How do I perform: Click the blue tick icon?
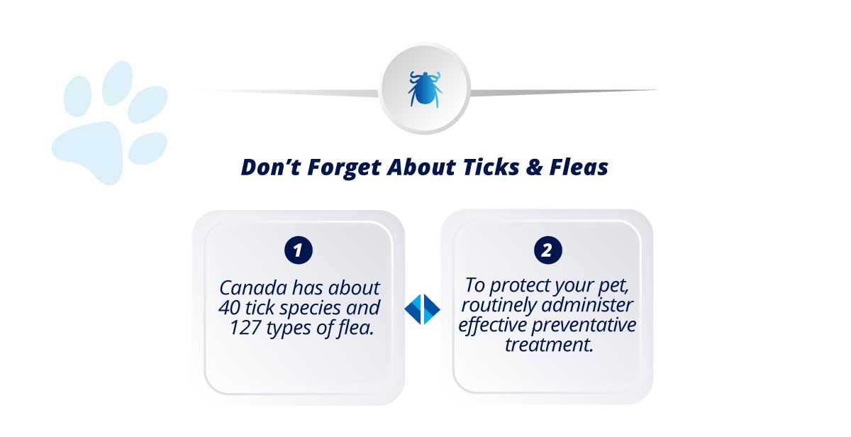425,89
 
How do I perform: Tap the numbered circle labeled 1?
299,250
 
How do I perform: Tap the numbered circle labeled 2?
547,250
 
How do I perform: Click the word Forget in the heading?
344,167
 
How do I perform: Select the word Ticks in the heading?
491,167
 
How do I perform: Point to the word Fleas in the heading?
579,167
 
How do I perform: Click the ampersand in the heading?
534,167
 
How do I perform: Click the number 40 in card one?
229,308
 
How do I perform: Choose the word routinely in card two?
499,306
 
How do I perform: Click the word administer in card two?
587,305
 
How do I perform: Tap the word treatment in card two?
549,345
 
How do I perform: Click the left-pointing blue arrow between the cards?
413,309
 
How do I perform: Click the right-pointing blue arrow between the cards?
432,309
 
